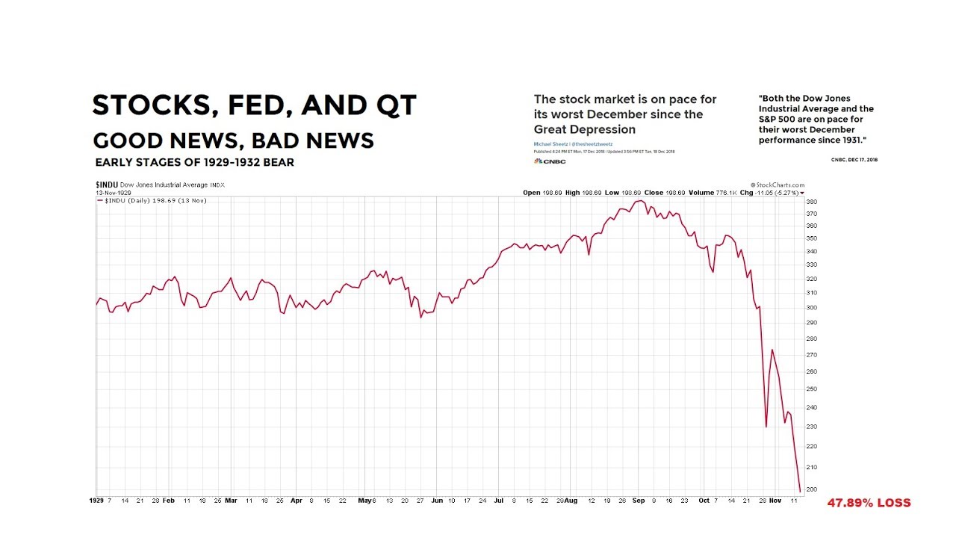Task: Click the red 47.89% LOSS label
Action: [x=869, y=503]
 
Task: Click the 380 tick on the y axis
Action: [x=812, y=202]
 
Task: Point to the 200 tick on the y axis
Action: [x=812, y=489]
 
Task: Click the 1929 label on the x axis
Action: [x=96, y=501]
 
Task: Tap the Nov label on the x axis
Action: [x=775, y=501]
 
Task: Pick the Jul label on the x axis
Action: [x=498, y=501]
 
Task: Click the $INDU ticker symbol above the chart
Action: [x=107, y=185]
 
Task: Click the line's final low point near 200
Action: [x=800, y=492]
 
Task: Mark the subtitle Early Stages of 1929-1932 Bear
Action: [x=194, y=163]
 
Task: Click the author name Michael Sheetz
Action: [x=550, y=143]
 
